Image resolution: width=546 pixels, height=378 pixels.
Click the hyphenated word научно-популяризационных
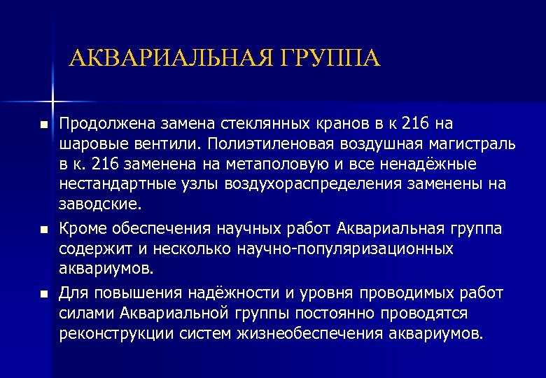[x=346, y=249]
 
